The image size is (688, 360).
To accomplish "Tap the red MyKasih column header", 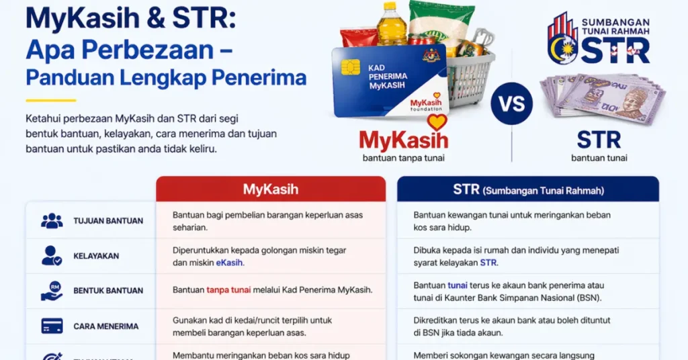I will [x=270, y=189].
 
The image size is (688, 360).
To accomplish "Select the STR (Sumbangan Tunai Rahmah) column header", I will [x=528, y=190].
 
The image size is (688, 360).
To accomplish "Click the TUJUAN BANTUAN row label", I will [x=107, y=221].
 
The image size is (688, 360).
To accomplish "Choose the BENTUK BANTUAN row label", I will [x=107, y=291].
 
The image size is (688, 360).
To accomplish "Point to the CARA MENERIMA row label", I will [x=105, y=326].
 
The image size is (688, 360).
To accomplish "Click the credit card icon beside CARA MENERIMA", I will [x=52, y=326].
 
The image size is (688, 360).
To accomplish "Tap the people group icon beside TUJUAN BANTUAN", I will [x=52, y=220].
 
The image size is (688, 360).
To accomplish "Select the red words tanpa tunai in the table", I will [x=229, y=290].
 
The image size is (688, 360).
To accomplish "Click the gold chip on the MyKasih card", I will [x=350, y=68].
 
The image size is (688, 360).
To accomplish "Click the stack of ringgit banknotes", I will [x=602, y=97].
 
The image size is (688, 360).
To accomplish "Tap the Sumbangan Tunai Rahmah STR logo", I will [x=598, y=38].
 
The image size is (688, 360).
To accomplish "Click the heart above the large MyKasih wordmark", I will [x=437, y=122].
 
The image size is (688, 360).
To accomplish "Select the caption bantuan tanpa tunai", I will [x=403, y=159].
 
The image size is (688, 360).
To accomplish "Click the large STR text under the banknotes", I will [x=599, y=140].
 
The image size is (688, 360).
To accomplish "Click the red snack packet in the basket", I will [x=359, y=37].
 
